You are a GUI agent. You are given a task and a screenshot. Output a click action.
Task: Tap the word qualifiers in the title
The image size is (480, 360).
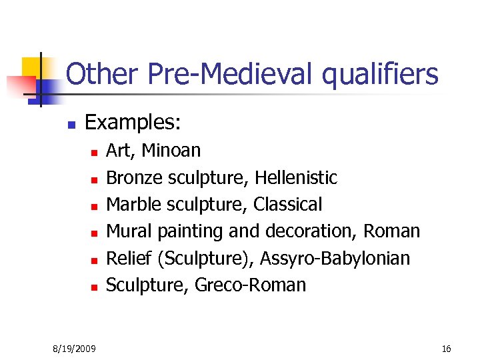[380, 75]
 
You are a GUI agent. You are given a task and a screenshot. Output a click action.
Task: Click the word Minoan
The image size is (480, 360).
[171, 151]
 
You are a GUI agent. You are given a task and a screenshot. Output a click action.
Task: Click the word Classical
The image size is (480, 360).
[287, 205]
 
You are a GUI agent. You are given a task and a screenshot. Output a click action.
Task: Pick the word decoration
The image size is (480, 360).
[311, 231]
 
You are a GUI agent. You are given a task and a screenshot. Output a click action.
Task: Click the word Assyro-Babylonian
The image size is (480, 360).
[336, 258]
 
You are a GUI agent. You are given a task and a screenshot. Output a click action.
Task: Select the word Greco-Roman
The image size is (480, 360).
[251, 285]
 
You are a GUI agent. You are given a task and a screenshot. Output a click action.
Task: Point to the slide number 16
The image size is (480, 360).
[446, 349]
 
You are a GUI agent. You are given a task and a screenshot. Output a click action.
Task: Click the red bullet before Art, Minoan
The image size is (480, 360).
[95, 153]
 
